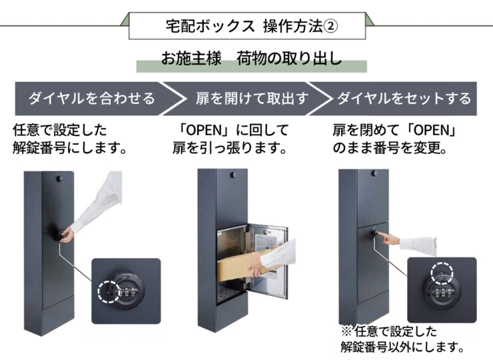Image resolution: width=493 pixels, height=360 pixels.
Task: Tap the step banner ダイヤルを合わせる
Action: point(91,99)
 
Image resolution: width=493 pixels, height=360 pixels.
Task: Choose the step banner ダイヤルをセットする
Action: point(404,99)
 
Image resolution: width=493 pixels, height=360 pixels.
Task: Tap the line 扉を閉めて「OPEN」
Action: point(398,129)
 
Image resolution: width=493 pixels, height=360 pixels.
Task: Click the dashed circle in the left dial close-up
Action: point(108,291)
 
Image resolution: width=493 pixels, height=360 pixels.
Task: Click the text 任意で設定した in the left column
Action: point(60,129)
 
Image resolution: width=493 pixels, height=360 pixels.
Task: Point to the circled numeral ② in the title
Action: point(332,26)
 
